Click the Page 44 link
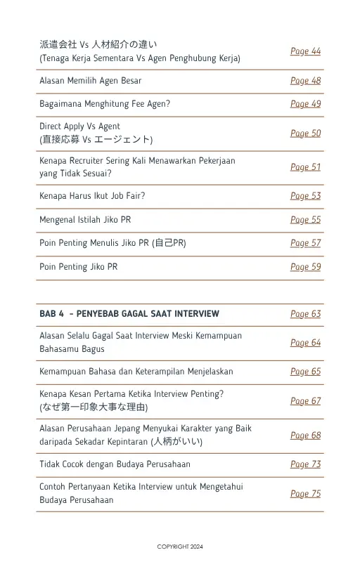point(305,51)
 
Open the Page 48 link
point(305,81)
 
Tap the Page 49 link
point(305,104)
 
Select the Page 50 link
point(305,133)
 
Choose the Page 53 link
point(305,196)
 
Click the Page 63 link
point(305,314)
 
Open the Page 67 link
point(305,401)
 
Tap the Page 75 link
point(305,494)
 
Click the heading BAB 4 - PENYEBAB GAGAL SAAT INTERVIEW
point(129,314)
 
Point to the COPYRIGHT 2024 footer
point(180,547)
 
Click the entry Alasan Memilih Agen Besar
point(91,81)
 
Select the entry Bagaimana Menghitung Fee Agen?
point(105,104)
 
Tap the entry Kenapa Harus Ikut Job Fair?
point(92,196)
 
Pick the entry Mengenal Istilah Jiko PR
point(85,220)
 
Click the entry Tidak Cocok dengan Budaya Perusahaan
point(115,464)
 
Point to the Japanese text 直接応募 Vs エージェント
point(96,140)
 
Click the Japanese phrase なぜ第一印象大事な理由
point(94,407)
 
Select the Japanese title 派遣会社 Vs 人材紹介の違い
point(98,45)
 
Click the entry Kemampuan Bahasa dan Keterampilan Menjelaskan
point(136,372)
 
